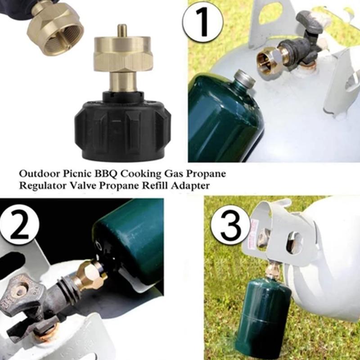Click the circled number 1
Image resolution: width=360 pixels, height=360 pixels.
[x=203, y=22]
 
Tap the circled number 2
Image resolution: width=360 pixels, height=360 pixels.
[x=19, y=224]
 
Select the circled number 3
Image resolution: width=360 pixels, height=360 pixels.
[x=230, y=225]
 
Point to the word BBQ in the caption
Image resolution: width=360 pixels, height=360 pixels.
[x=106, y=174]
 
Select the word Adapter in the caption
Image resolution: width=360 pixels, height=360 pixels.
[x=190, y=186]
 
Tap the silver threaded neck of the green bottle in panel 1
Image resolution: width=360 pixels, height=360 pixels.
[x=245, y=78]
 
